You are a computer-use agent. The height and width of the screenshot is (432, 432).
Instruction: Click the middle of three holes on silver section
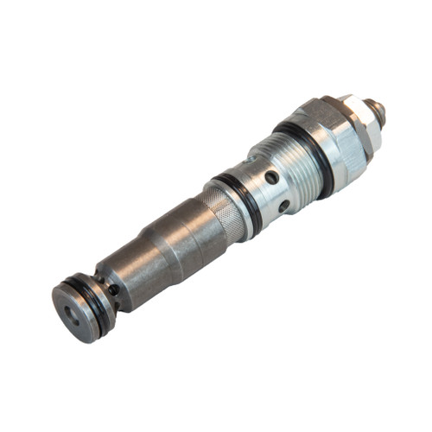pos(271,177)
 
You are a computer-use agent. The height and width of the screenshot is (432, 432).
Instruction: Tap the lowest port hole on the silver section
pos(285,206)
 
